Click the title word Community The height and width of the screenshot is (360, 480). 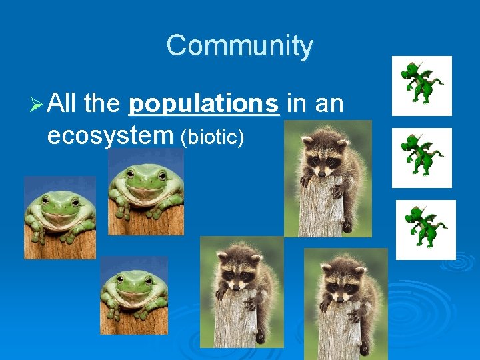239,46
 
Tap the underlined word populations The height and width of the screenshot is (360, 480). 204,104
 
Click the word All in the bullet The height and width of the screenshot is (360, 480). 63,104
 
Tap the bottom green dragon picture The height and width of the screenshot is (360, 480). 425,229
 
